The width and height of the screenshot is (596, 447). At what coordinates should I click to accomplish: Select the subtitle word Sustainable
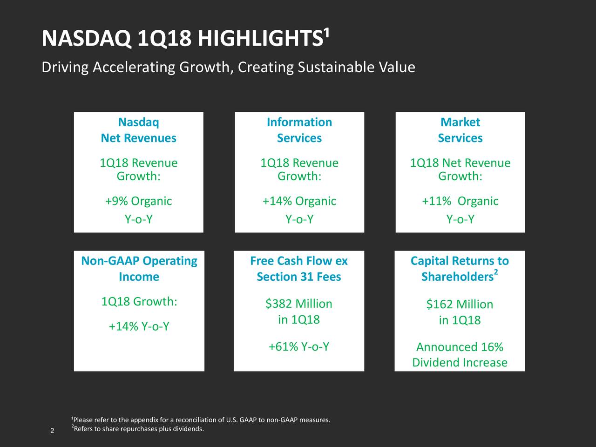pyautogui.click(x=337, y=68)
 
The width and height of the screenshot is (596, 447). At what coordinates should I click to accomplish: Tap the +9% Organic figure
pyautogui.click(x=138, y=201)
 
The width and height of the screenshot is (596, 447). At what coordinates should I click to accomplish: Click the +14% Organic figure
pyautogui.click(x=299, y=201)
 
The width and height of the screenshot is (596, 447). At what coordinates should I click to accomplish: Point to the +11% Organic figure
pyautogui.click(x=460, y=201)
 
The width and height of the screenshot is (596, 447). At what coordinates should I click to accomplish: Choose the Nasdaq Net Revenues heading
pyautogui.click(x=138, y=130)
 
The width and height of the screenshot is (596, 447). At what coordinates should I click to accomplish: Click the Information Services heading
pyautogui.click(x=299, y=130)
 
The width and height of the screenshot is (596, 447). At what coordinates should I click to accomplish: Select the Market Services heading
pyautogui.click(x=460, y=130)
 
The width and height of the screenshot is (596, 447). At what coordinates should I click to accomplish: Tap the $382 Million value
pyautogui.click(x=299, y=304)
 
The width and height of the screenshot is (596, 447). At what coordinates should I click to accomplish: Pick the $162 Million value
pyautogui.click(x=460, y=305)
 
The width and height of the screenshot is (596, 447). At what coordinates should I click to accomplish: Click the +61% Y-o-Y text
pyautogui.click(x=299, y=347)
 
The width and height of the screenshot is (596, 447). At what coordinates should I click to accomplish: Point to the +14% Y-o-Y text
pyautogui.click(x=139, y=327)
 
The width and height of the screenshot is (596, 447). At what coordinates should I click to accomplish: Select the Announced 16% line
pyautogui.click(x=460, y=347)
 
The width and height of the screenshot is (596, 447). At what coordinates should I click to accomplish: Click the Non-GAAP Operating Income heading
pyautogui.click(x=139, y=269)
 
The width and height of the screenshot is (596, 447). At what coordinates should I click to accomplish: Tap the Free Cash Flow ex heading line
pyautogui.click(x=299, y=261)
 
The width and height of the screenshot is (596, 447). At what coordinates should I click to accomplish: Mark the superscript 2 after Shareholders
pyautogui.click(x=496, y=272)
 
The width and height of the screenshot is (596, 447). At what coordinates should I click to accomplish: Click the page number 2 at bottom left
pyautogui.click(x=52, y=430)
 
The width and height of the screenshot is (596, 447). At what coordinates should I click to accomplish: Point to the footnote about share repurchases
pyautogui.click(x=138, y=429)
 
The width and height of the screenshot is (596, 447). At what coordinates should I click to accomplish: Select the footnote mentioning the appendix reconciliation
pyautogui.click(x=202, y=420)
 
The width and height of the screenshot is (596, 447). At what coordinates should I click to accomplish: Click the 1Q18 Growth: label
pyautogui.click(x=139, y=302)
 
